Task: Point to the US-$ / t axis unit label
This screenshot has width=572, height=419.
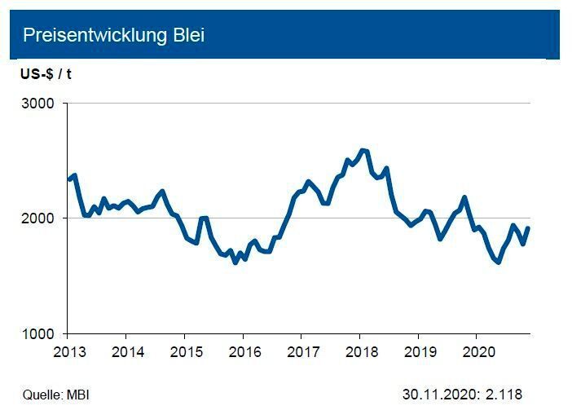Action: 46,74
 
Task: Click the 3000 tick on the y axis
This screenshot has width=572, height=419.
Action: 38,104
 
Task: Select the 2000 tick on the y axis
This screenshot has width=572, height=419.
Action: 38,218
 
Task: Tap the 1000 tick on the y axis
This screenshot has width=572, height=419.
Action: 38,333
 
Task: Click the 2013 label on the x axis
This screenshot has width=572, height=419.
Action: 67,351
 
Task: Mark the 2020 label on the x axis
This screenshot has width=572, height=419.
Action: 477,351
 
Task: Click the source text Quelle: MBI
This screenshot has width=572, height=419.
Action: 55,395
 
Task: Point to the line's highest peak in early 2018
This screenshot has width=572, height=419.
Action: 363,150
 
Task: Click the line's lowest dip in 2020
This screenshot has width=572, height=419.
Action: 499,262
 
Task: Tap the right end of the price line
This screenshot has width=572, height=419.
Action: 529,227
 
